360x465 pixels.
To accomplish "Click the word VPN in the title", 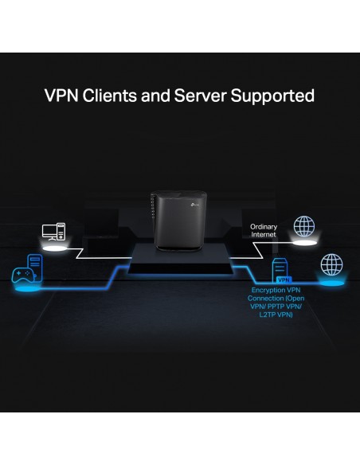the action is pyautogui.click(x=61, y=96).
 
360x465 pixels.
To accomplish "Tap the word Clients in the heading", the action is pyautogui.click(x=110, y=96).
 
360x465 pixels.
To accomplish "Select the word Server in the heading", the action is pyautogui.click(x=200, y=96).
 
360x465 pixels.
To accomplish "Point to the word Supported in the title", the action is pyautogui.click(x=272, y=96).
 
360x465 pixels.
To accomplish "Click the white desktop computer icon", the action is pyautogui.click(x=53, y=232).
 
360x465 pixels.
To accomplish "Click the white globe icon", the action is pyautogui.click(x=304, y=226).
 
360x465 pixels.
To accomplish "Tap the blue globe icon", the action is pyautogui.click(x=331, y=264).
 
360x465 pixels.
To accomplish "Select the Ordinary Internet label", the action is pyautogui.click(x=264, y=230).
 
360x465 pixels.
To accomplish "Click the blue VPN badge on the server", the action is pyautogui.click(x=284, y=279).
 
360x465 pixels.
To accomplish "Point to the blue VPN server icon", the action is pyautogui.click(x=280, y=270).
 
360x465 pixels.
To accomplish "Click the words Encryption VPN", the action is pyautogui.click(x=276, y=290).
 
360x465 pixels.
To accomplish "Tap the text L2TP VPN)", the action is pyautogui.click(x=276, y=315).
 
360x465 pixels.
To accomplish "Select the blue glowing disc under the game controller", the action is pyautogui.click(x=27, y=288).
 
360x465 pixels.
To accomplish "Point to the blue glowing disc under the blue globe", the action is pyautogui.click(x=333, y=283).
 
